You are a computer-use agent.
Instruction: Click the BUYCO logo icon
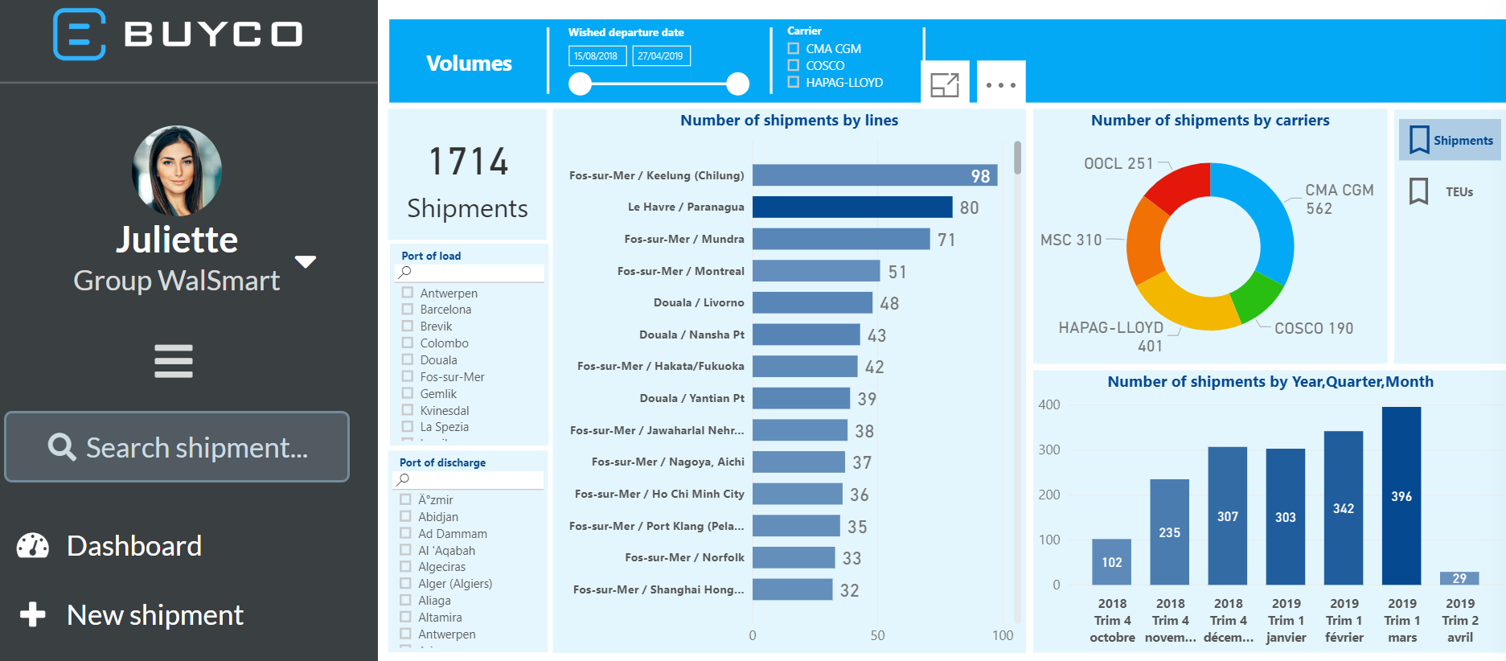pyautogui.click(x=79, y=35)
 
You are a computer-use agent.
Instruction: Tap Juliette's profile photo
pyautogui.click(x=177, y=170)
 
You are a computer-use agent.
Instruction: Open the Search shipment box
pyautogui.click(x=177, y=447)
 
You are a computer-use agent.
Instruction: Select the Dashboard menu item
pyautogui.click(x=133, y=546)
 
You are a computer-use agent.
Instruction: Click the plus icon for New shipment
pyautogui.click(x=33, y=614)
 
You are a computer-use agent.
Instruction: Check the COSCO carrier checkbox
pyautogui.click(x=794, y=65)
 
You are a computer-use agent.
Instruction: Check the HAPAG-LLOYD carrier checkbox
pyautogui.click(x=794, y=82)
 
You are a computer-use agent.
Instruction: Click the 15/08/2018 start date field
pyautogui.click(x=597, y=56)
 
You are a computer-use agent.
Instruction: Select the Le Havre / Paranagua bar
pyautogui.click(x=851, y=207)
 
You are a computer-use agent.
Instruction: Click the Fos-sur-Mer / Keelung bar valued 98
pyautogui.click(x=874, y=175)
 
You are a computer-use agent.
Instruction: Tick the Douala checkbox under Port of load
pyautogui.click(x=408, y=359)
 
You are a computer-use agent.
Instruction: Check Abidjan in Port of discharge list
pyautogui.click(x=406, y=516)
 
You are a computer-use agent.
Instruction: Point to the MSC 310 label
pyautogui.click(x=1071, y=240)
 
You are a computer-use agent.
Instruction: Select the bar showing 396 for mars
pyautogui.click(x=1401, y=495)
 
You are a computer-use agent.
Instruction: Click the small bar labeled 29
pyautogui.click(x=1459, y=578)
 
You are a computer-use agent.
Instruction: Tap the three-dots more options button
pyautogui.click(x=1001, y=84)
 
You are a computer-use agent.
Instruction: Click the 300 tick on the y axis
pyautogui.click(x=1048, y=450)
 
